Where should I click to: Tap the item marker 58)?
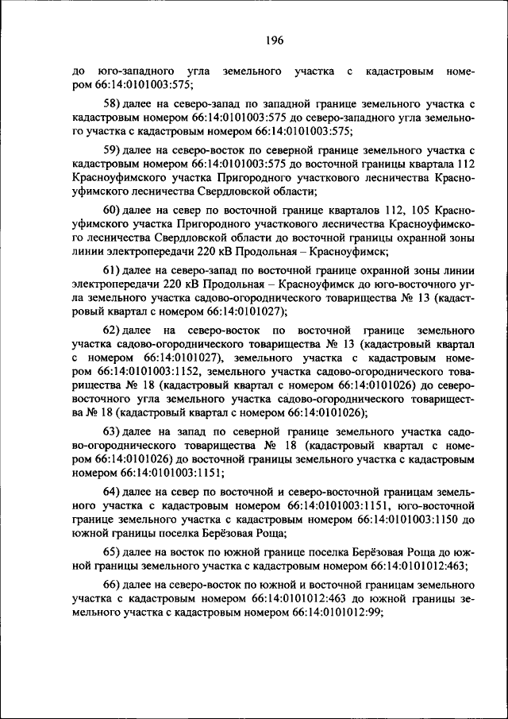[114, 104]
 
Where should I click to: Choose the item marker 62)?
[114, 330]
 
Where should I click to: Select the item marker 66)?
[114, 584]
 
